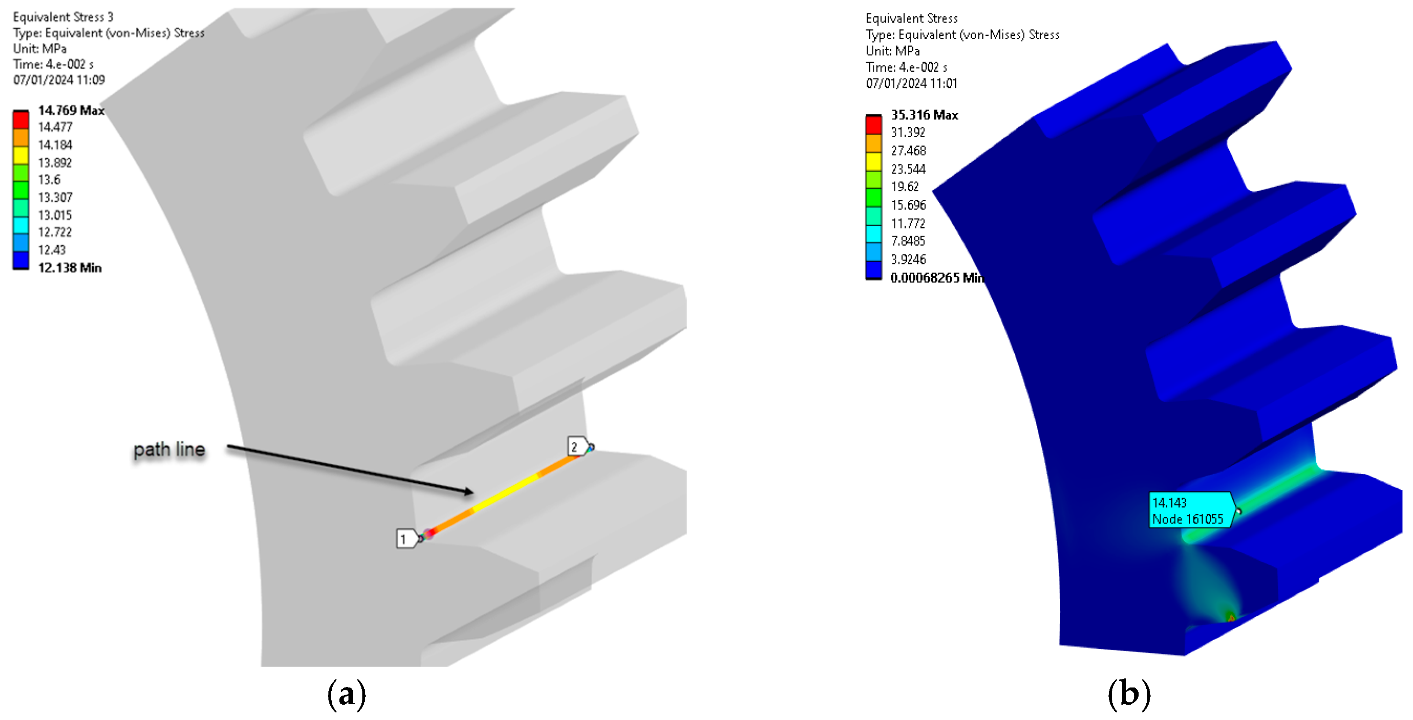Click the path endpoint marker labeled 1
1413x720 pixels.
point(408,539)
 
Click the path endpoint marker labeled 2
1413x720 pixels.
point(579,447)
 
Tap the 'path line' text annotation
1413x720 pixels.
point(170,449)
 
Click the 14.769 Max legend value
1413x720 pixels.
point(71,110)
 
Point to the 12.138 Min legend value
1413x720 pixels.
point(70,268)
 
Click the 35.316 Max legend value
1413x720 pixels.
point(924,115)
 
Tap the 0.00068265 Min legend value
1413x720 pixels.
point(937,278)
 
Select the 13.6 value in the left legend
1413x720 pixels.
point(49,179)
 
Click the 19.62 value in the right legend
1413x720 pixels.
point(904,186)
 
